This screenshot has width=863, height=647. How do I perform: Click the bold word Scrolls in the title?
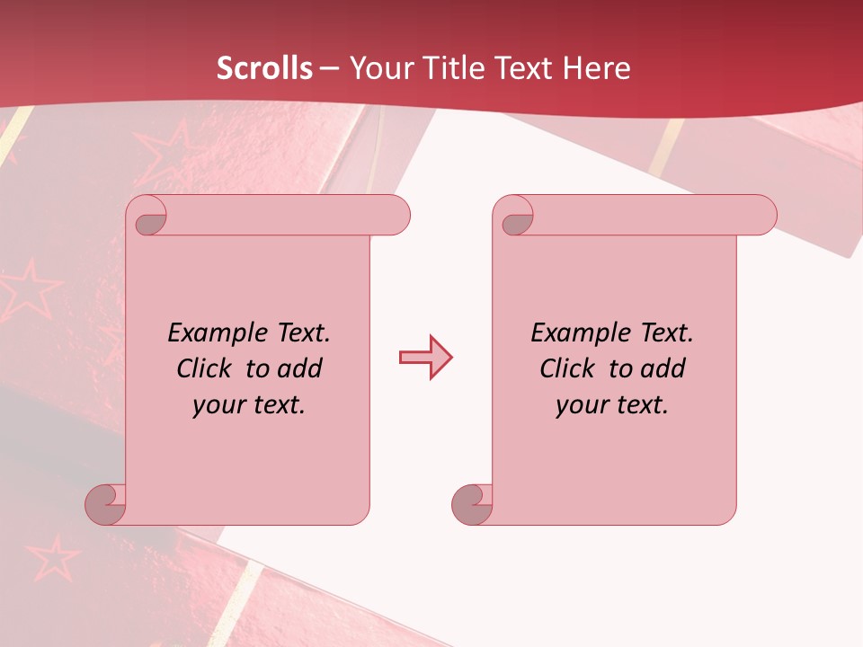265,68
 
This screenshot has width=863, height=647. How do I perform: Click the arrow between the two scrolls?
425,358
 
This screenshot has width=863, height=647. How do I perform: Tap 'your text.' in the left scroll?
249,404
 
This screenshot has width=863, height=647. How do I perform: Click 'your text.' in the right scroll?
612,404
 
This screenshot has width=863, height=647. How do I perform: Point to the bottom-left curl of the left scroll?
105,504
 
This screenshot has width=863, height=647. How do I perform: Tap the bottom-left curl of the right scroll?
472,504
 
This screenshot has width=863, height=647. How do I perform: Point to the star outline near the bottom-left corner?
51,558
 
